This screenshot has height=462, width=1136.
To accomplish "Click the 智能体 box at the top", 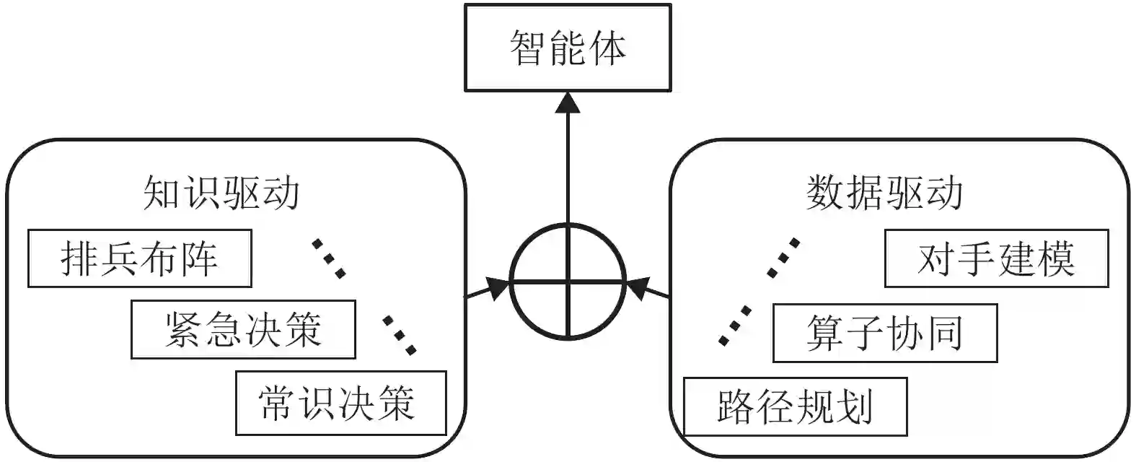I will (568, 48).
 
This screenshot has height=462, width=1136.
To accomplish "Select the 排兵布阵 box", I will (140, 258).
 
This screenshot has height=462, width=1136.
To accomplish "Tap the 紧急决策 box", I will (243, 330).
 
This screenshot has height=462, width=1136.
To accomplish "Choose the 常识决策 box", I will (340, 403).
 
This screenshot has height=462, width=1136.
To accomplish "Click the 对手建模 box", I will (996, 258).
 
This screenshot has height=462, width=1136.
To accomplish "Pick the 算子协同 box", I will (885, 333).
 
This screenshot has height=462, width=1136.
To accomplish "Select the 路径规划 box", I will (795, 406).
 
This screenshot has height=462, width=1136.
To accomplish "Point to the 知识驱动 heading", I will (221, 193).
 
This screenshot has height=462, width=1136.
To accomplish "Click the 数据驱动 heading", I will (885, 193).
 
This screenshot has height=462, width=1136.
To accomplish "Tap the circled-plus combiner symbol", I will (568, 282).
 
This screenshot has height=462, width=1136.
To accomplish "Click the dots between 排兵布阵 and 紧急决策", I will (329, 258).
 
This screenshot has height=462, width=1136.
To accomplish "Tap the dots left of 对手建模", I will (783, 258).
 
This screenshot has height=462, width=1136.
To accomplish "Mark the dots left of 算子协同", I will (735, 326).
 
